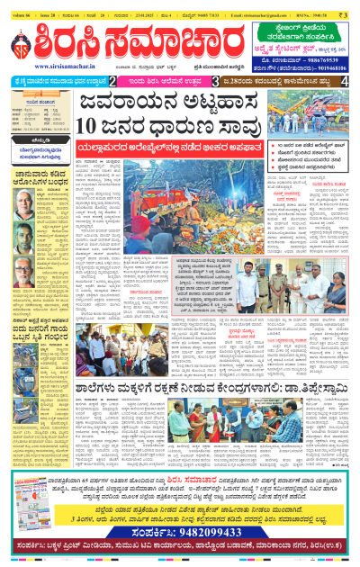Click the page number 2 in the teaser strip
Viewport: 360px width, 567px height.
[111, 82]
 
